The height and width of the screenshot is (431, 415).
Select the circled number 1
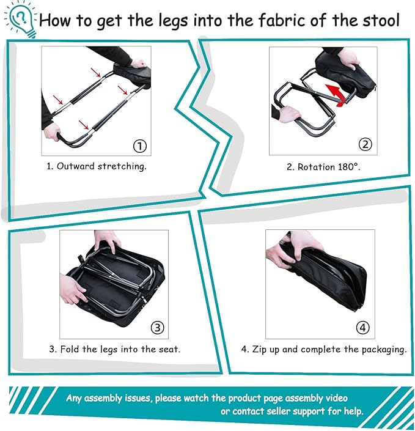point(141,146)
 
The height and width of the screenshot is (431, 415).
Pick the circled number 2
point(365,145)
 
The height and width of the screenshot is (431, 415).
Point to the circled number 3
point(158,328)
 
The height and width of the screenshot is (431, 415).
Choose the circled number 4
point(363,328)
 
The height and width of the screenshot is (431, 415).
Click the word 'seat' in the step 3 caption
point(169,350)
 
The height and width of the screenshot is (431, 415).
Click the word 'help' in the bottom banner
point(351,411)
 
